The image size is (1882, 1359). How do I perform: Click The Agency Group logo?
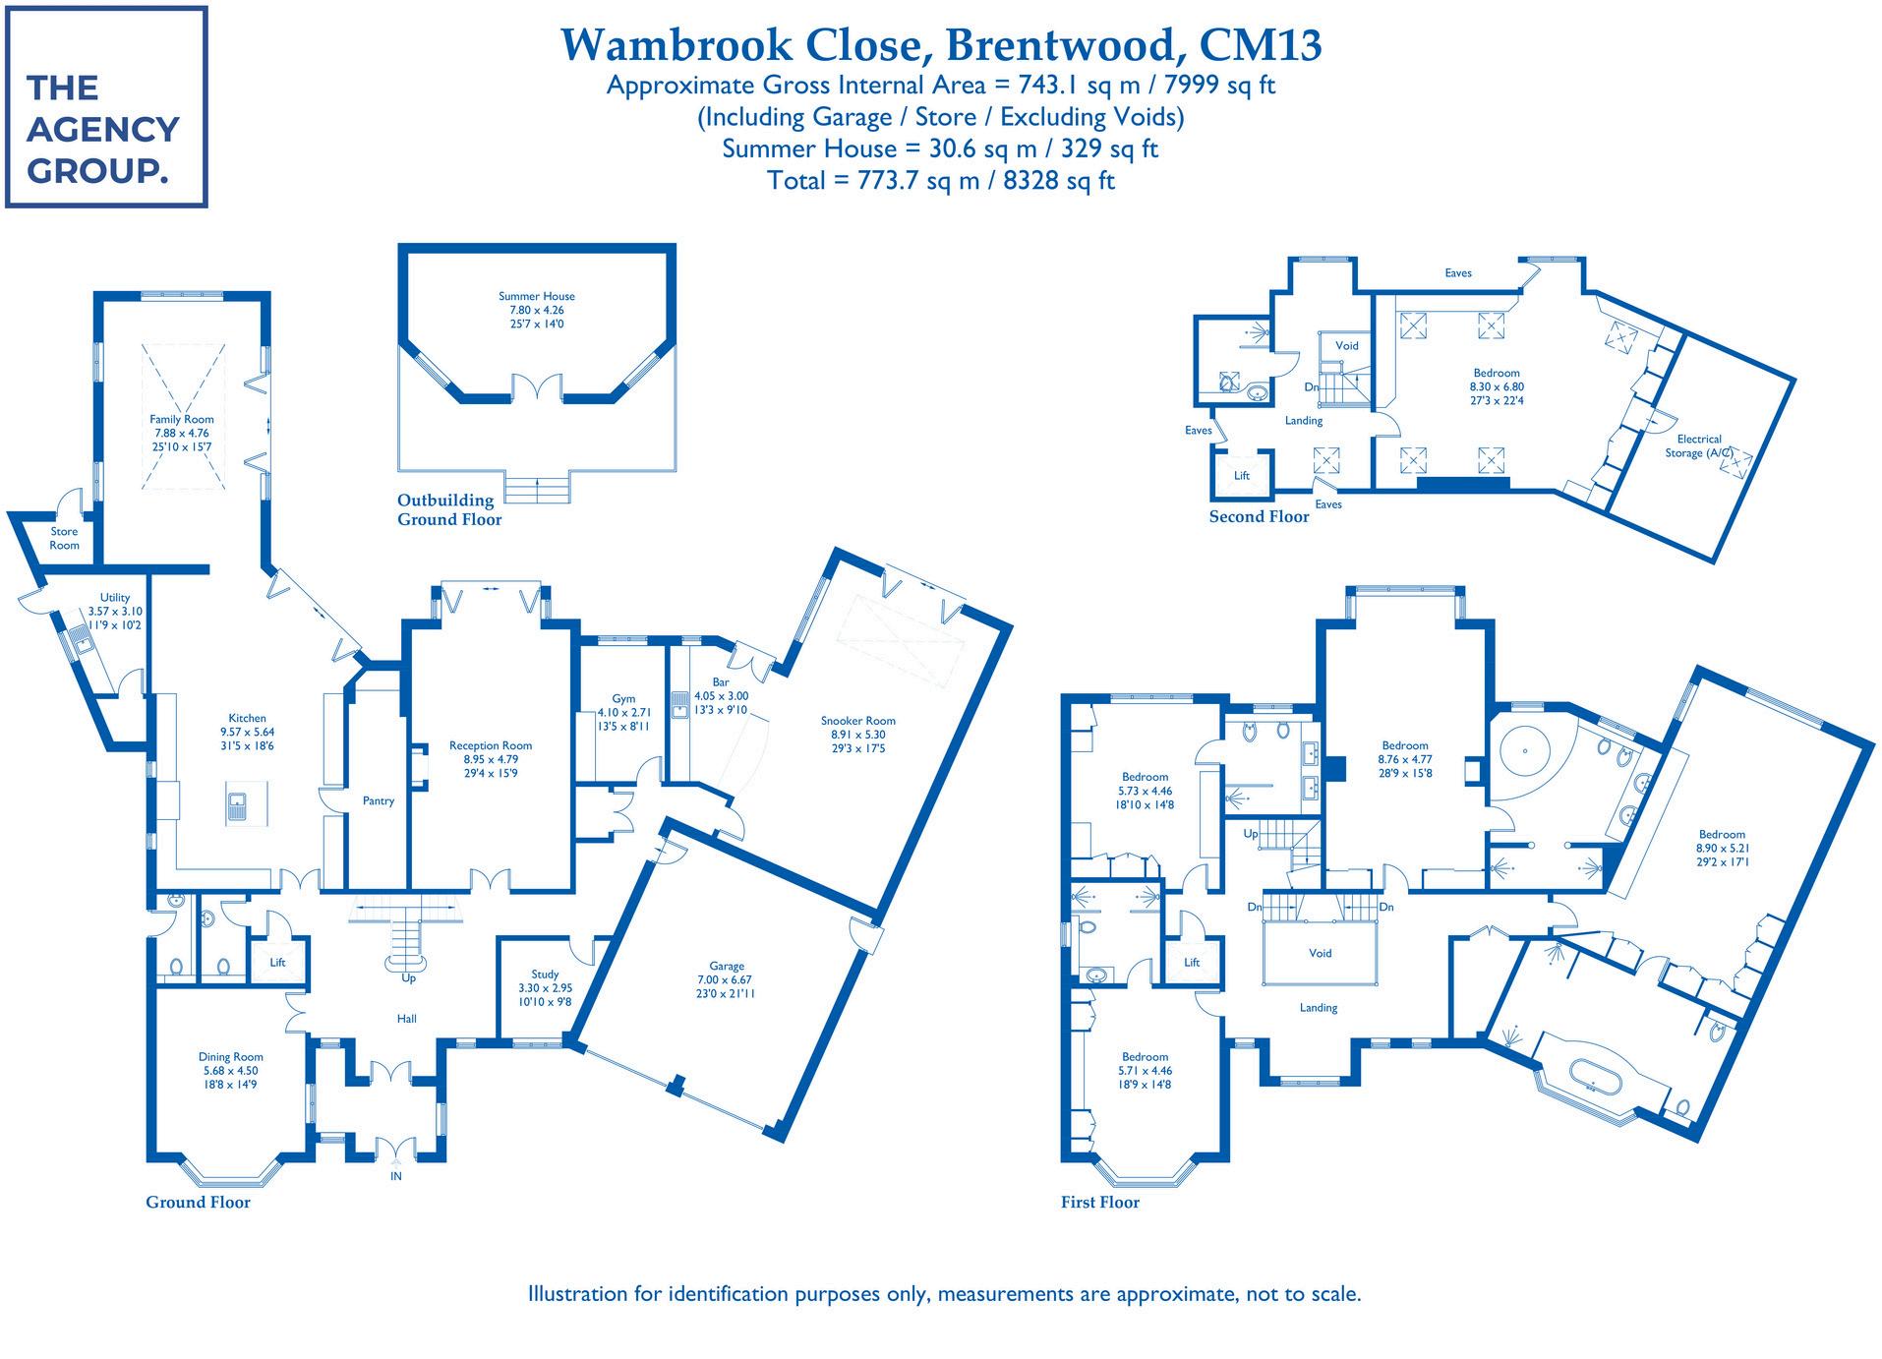tap(106, 107)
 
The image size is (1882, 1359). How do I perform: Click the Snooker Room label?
tap(857, 721)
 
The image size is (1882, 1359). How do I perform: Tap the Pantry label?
tap(378, 801)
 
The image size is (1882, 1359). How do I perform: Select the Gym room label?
tap(623, 699)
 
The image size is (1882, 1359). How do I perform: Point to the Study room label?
tap(545, 975)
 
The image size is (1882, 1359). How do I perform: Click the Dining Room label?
tap(230, 1057)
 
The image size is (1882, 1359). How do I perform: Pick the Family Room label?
tap(181, 420)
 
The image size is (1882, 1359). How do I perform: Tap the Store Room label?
tap(64, 538)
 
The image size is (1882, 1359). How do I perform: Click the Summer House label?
tap(536, 296)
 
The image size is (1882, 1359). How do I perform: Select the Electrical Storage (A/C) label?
tap(1698, 445)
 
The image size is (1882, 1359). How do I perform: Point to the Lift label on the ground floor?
tap(277, 963)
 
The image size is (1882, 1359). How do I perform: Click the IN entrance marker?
tap(396, 1176)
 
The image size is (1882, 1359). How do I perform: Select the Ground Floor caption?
tap(198, 1202)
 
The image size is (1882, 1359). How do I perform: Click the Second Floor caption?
tap(1259, 516)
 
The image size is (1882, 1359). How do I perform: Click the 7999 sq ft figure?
tap(1219, 86)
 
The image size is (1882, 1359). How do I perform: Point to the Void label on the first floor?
tap(1320, 953)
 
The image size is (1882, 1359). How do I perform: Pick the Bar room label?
tap(721, 682)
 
